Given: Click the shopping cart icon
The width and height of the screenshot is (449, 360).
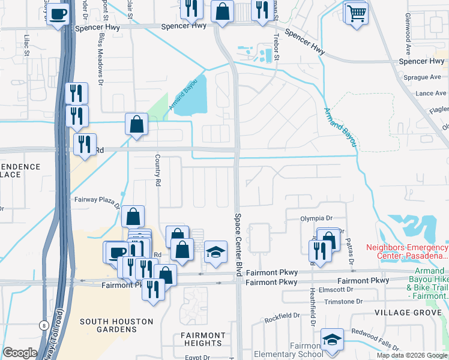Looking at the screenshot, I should pos(356,13).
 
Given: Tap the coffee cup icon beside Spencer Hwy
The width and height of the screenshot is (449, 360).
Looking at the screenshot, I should pos(58,14).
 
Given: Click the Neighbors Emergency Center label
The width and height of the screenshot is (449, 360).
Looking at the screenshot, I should pos(406,251).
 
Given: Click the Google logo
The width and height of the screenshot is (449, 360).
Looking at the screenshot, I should pos(20,353).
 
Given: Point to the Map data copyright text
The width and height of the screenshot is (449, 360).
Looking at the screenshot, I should pos(411,355).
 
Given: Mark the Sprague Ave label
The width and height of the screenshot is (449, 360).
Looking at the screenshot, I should pos(423,77).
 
